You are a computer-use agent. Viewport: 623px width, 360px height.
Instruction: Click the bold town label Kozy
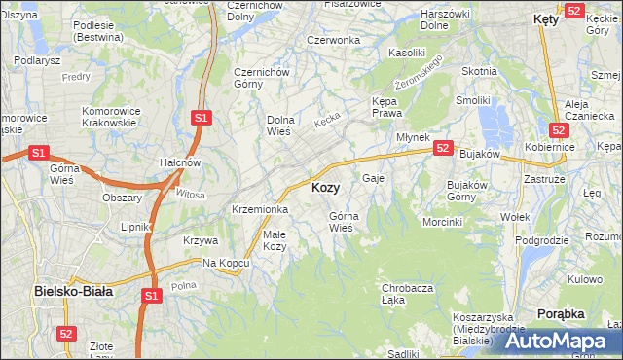325,187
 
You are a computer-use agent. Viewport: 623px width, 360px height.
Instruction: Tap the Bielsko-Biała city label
73,290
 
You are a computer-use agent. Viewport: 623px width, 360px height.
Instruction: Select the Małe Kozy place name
275,239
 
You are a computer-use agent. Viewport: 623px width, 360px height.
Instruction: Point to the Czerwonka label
333,40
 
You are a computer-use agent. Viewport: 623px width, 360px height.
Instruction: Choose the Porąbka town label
561,314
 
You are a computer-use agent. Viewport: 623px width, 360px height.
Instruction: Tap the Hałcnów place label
180,162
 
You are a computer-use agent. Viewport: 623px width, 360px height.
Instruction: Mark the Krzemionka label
259,209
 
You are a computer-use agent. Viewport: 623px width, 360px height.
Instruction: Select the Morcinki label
442,222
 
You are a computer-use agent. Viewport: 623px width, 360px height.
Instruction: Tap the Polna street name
183,285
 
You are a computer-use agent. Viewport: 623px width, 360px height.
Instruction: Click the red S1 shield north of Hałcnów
201,118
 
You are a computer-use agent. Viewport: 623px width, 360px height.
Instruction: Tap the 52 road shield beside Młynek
443,148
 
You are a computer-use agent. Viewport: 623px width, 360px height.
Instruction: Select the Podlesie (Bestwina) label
73,32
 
